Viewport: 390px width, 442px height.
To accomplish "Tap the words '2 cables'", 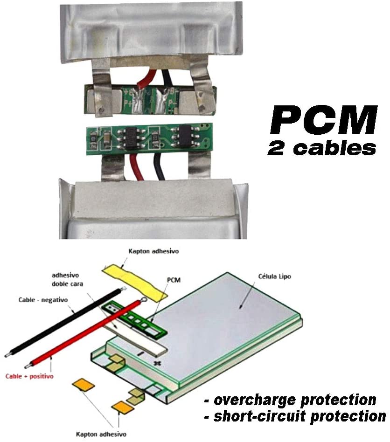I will (x=321, y=148).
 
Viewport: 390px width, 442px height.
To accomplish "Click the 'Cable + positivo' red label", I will (x=30, y=375).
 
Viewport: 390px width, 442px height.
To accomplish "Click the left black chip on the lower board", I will (x=132, y=137).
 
